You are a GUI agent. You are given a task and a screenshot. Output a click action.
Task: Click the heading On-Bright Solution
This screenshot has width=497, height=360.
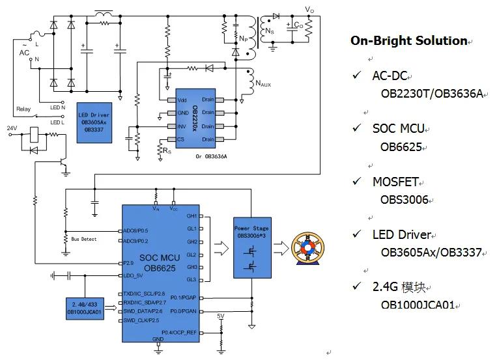point(408,40)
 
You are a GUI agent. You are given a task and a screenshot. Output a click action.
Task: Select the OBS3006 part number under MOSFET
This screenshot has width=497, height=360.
point(404,200)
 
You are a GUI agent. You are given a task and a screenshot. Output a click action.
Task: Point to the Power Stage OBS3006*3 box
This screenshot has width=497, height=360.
point(251,248)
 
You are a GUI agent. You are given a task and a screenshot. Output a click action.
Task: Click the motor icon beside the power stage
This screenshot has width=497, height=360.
point(305,248)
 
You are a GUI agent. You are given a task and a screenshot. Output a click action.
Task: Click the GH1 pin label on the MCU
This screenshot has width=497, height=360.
point(191,215)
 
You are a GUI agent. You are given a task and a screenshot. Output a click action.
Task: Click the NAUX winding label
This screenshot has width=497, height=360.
point(263,84)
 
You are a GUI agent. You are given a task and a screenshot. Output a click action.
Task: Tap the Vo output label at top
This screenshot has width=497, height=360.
point(309,9)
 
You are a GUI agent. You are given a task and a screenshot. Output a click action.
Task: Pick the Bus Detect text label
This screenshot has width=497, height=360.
point(84,239)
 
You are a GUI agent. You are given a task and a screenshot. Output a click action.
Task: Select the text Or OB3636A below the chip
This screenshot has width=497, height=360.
point(212,156)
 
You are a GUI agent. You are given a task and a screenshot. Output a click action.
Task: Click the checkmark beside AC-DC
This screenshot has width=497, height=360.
point(356,76)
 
